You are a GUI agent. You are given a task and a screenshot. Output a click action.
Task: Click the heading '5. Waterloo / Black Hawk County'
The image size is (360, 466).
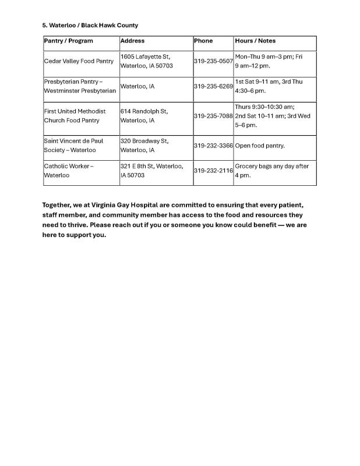tap(90, 26)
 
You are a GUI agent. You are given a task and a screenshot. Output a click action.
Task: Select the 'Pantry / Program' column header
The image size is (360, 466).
tap(69, 41)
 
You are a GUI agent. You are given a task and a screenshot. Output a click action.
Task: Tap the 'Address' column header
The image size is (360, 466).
tap(132, 41)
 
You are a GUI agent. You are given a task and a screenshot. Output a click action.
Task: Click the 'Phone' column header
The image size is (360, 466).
tap(203, 41)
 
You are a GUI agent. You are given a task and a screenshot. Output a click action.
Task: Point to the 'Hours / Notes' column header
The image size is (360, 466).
tap(255, 41)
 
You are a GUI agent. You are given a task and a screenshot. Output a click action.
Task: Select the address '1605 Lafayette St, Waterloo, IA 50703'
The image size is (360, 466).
tap(146, 61)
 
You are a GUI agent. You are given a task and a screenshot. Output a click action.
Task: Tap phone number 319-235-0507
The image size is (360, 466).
tap(213, 61)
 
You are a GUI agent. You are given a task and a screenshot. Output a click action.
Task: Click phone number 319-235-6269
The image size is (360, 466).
tap(213, 86)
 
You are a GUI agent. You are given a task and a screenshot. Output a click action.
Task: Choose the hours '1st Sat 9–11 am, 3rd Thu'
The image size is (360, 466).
tap(269, 82)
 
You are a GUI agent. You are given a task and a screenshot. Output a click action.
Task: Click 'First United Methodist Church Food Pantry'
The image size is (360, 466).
tap(75, 116)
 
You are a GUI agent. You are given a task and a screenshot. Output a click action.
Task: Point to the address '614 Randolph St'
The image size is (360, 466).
tap(144, 111)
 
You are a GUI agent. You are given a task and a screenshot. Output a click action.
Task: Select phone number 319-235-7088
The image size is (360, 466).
tap(213, 116)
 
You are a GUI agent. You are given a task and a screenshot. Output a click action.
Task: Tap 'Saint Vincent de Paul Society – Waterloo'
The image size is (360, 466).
tap(73, 146)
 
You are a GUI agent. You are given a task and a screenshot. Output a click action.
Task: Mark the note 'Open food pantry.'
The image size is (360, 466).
tap(260, 146)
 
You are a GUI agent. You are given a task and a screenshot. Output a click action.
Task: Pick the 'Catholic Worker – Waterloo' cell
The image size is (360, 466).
tap(69, 171)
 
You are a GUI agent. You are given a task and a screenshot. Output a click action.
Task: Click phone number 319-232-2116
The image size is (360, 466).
tap(213, 171)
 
